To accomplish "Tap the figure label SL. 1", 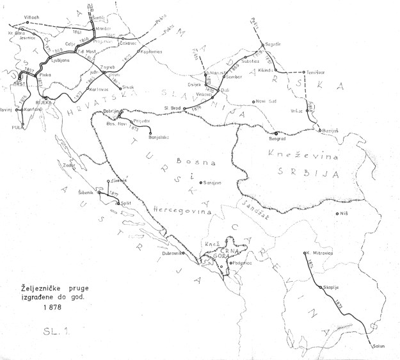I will pos(54,334).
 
